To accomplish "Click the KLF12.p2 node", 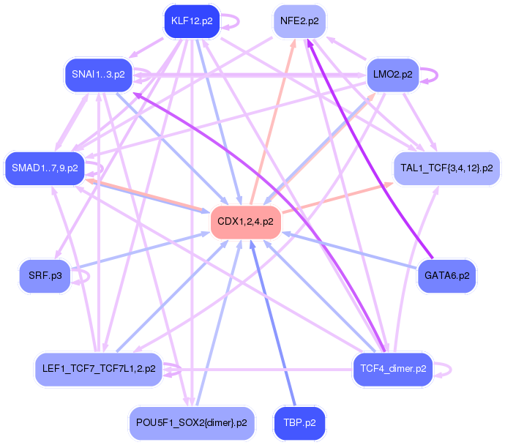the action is point(192,21).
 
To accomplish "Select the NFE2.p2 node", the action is point(299,21).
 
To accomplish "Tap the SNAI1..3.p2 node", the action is point(98,75).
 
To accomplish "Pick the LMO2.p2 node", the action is point(392,75).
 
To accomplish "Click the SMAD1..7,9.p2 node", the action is point(45,168).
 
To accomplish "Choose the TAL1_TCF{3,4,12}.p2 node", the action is point(446,168).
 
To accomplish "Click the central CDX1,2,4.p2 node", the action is point(245,222).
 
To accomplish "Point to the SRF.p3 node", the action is point(45,276).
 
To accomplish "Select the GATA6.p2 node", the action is point(446,276).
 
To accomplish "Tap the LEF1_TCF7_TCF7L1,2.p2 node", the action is point(99,369).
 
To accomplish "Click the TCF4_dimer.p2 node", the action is point(393,369).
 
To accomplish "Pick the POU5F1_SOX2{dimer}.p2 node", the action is point(192,423).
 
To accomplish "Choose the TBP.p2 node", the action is point(299,423).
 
